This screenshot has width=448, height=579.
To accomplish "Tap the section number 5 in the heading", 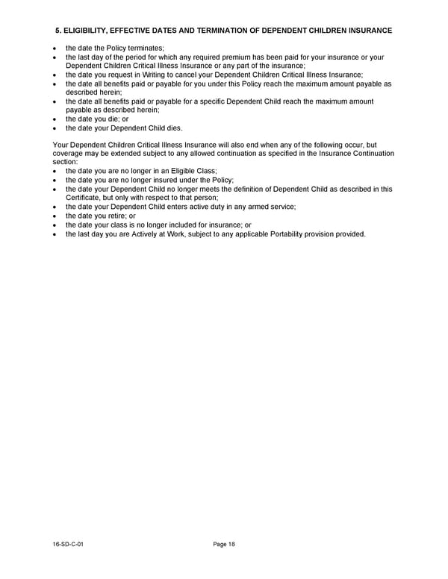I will click(57, 30).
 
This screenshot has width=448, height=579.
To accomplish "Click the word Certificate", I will click(84, 198).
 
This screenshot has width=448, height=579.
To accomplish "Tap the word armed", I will click(249, 207).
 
